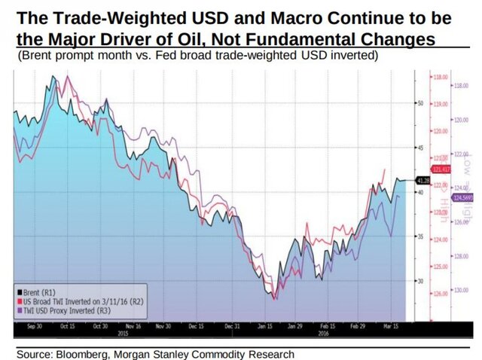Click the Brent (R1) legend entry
coord(34,290)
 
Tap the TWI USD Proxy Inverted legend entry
coord(59,308)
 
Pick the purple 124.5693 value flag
coord(462,197)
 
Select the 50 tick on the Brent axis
coord(423,102)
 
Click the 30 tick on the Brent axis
coord(423,280)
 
